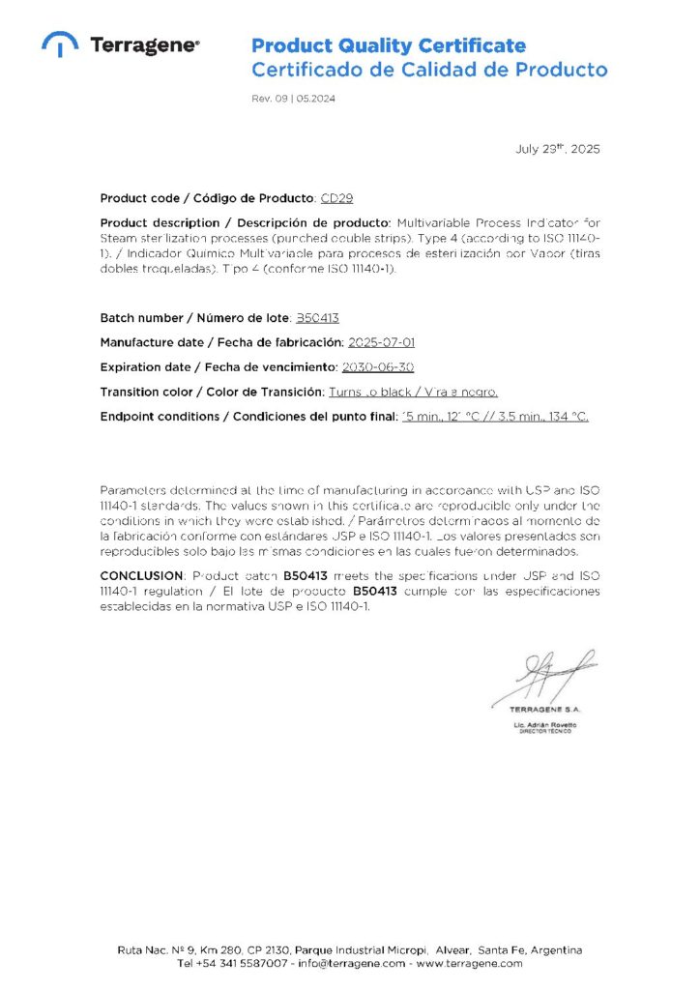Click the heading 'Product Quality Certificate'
pos(389,45)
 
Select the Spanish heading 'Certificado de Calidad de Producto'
pos(429,70)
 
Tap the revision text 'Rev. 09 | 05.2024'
pos(294,99)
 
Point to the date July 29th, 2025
pos(558,149)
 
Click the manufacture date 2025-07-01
pos(381,342)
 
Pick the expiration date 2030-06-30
pos(378,367)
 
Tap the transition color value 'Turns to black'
pos(362,392)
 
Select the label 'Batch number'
pos(141,317)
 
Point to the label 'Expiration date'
pos(149,367)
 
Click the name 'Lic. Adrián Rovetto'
pos(545,724)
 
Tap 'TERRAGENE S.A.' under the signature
pos(545,711)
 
